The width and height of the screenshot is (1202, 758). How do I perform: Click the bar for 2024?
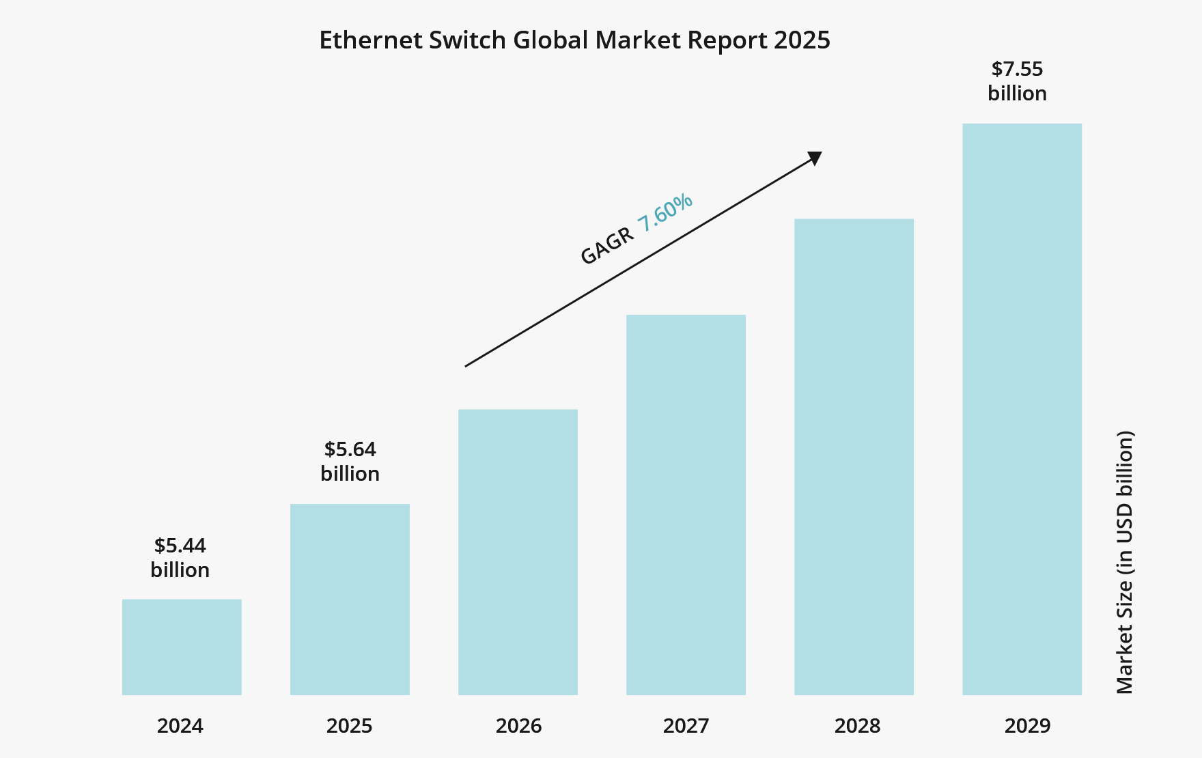pyautogui.click(x=182, y=647)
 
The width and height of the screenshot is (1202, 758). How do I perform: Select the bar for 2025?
pyautogui.click(x=350, y=599)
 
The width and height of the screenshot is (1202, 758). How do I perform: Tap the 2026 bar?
pyautogui.click(x=518, y=552)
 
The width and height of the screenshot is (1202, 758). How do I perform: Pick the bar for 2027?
pyautogui.click(x=686, y=505)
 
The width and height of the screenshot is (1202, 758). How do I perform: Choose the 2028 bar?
pyautogui.click(x=854, y=457)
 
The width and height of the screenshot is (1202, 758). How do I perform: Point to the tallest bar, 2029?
pyautogui.click(x=1022, y=409)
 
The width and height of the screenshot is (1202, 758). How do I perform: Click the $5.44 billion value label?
pyautogui.click(x=180, y=557)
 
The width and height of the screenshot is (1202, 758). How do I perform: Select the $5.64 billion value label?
pyautogui.click(x=350, y=461)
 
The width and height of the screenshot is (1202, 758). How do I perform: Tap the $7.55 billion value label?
pyautogui.click(x=1017, y=81)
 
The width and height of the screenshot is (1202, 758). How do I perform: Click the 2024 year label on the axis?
pyautogui.click(x=180, y=725)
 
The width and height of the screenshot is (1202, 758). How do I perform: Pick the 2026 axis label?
pyautogui.click(x=518, y=725)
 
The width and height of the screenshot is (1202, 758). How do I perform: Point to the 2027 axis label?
pyautogui.click(x=686, y=725)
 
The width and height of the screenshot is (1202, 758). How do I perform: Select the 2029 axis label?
pyautogui.click(x=1027, y=725)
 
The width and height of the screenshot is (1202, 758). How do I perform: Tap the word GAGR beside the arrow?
pyautogui.click(x=606, y=247)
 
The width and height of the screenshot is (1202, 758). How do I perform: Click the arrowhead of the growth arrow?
pyautogui.click(x=815, y=158)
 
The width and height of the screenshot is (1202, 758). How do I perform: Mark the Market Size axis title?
pyautogui.click(x=1125, y=562)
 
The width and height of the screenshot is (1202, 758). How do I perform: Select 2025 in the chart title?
pyautogui.click(x=802, y=40)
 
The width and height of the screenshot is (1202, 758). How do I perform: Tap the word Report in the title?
pyautogui.click(x=727, y=40)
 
